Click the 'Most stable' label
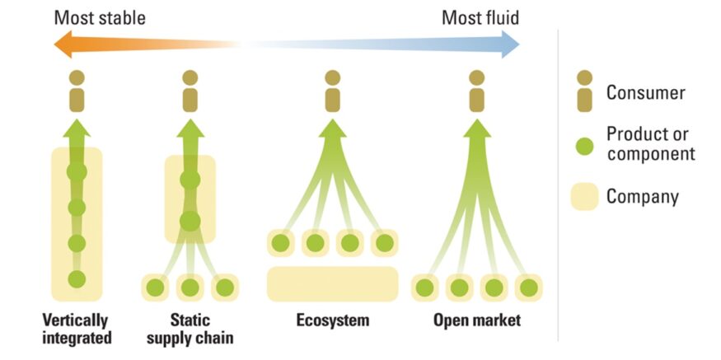[x=100, y=17]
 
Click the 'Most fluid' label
[x=480, y=17]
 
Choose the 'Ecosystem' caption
[x=333, y=320]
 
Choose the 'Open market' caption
[x=477, y=320]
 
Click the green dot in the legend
[x=584, y=146]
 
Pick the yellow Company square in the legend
[x=584, y=197]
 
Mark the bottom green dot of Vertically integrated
[x=77, y=278]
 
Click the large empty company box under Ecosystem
[x=332, y=283]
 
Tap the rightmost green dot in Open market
[x=528, y=288]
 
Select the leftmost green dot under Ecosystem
[x=280, y=243]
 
